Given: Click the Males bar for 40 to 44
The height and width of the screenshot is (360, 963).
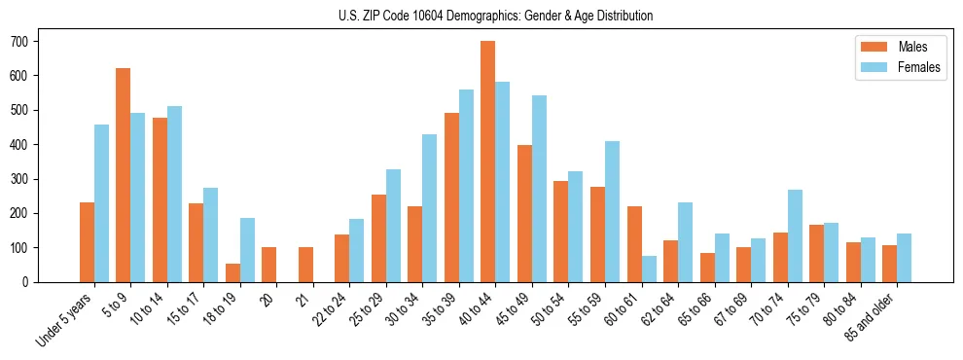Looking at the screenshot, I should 488,162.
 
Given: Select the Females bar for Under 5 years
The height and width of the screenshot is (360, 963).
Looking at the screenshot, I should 101,203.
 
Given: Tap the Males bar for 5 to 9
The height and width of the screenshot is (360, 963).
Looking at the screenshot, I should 124,175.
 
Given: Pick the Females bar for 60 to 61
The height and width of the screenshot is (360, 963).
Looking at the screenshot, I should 649,269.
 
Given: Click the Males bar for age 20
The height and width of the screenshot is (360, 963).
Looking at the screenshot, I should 269,265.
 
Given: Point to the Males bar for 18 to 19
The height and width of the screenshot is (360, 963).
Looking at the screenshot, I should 232,272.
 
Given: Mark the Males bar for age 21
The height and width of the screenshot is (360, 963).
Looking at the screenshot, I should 305,265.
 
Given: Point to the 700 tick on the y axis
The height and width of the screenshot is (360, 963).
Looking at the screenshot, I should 39,41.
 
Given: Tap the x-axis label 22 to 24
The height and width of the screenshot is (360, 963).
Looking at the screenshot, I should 326,310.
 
